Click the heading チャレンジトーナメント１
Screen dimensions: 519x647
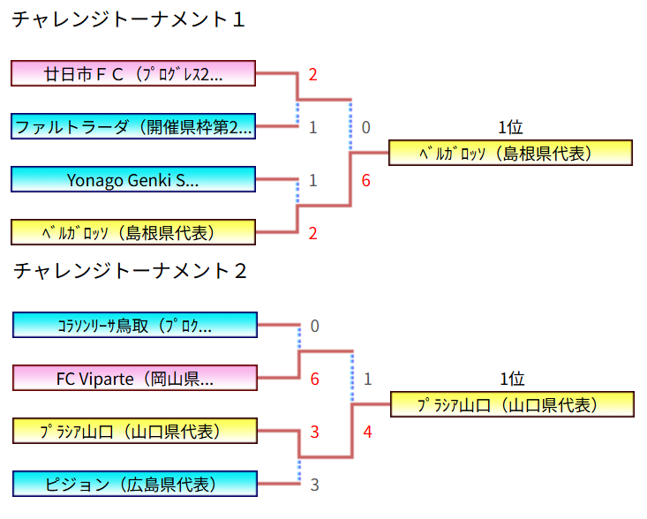pyautogui.click(x=128, y=19)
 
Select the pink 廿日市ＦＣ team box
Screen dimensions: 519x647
pyautogui.click(x=133, y=73)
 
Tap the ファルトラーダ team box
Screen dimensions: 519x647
pyautogui.click(x=133, y=126)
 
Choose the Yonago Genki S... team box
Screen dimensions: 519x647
pyautogui.click(x=133, y=180)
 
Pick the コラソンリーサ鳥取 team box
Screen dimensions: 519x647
pyautogui.click(x=135, y=325)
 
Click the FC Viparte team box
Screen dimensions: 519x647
pyautogui.click(x=135, y=379)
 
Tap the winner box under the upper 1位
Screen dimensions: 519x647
pyautogui.click(x=510, y=153)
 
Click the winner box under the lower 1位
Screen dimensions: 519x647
pyautogui.click(x=512, y=404)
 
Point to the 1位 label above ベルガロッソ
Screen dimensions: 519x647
pyautogui.click(x=510, y=127)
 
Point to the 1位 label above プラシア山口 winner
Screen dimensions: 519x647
pyautogui.click(x=512, y=379)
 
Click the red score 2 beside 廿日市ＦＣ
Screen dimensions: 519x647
pyautogui.click(x=312, y=75)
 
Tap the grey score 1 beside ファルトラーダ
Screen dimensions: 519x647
pyautogui.click(x=312, y=128)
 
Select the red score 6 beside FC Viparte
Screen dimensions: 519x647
pyautogui.click(x=314, y=380)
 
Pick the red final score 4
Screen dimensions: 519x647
pyautogui.click(x=367, y=432)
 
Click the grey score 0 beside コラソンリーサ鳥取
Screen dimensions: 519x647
pyautogui.click(x=314, y=327)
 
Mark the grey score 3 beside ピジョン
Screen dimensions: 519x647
pyautogui.click(x=314, y=485)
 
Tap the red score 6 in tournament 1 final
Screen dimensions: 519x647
pyautogui.click(x=365, y=181)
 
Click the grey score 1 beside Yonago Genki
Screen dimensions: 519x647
pyautogui.click(x=312, y=181)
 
